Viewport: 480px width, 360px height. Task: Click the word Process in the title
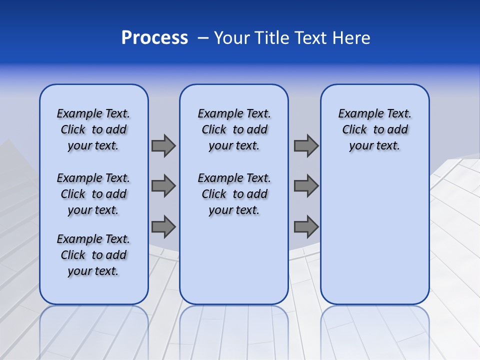(x=154, y=38)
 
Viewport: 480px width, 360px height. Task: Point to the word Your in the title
(x=233, y=38)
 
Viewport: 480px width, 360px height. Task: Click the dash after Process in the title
(x=203, y=38)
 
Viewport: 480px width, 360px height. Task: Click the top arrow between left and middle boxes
(x=163, y=145)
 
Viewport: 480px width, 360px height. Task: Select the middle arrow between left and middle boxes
(x=163, y=186)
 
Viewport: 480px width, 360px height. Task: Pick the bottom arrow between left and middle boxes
(x=163, y=226)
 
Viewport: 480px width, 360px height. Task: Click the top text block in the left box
(x=93, y=129)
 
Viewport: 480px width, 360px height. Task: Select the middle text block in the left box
(x=93, y=194)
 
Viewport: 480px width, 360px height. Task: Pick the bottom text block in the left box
(x=93, y=255)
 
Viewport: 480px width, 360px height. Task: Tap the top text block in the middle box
(x=234, y=129)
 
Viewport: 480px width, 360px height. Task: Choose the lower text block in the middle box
(x=234, y=194)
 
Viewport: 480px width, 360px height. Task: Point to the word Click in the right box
(x=354, y=129)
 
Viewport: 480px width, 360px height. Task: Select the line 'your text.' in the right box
(x=374, y=146)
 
